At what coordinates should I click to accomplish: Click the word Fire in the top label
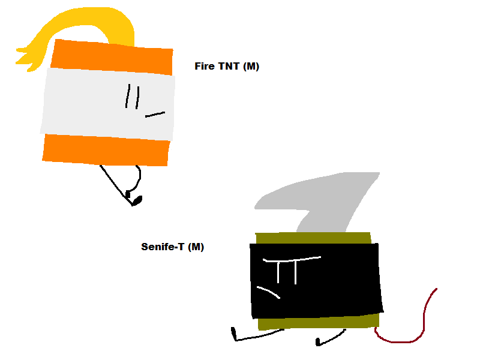tap(204, 66)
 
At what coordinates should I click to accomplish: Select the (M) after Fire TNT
tap(251, 67)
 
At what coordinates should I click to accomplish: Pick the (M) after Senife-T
tap(196, 247)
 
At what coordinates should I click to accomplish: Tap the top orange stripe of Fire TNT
tap(112, 58)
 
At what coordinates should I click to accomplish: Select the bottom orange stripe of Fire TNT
tap(106, 150)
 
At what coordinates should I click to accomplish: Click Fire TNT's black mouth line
tap(155, 115)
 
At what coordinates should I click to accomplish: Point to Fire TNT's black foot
tap(137, 200)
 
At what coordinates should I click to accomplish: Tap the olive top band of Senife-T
tap(313, 238)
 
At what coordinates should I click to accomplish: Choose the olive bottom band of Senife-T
tap(319, 323)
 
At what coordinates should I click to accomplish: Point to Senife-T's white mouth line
tap(268, 292)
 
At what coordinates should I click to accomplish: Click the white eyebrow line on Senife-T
tap(292, 260)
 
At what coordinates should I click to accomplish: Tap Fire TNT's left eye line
tap(128, 96)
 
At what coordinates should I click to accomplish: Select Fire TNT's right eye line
tap(137, 98)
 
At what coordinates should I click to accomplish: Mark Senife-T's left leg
tap(257, 335)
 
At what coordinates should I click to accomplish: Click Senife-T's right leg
tap(331, 338)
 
